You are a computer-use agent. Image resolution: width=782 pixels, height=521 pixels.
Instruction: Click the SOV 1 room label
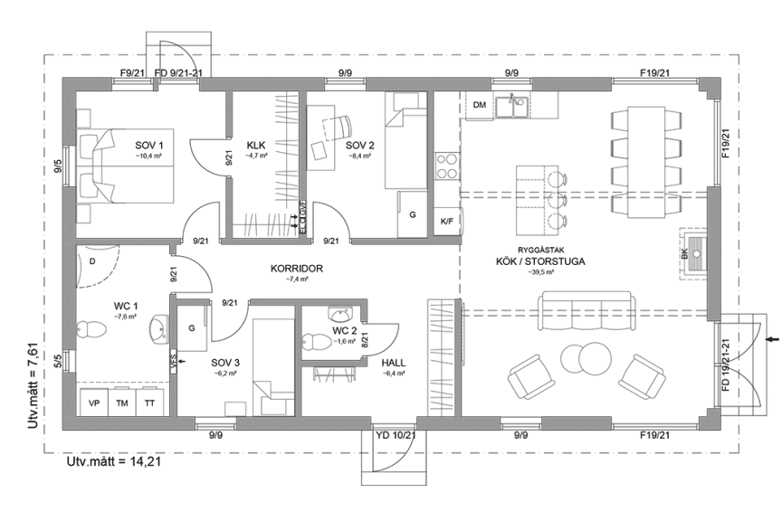point(149,145)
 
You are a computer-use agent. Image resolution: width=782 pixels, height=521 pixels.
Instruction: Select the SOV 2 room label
point(359,145)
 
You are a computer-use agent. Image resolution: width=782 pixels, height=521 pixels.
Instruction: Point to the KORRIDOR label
point(296,269)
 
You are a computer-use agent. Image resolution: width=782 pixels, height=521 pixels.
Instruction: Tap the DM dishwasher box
point(480,106)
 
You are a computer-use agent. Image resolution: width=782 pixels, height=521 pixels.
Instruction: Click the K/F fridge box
point(447,221)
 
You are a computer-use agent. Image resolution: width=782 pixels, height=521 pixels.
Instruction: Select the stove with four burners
point(447,166)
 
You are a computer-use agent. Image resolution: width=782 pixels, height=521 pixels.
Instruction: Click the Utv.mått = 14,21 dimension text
point(115,463)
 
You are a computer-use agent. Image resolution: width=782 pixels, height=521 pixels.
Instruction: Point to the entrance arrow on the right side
point(770,339)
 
